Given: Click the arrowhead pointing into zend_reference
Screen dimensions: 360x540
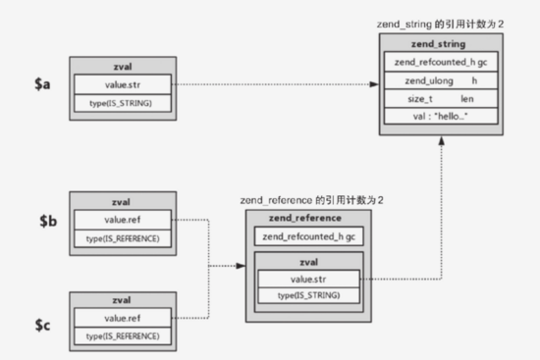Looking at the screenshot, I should (240, 266).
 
